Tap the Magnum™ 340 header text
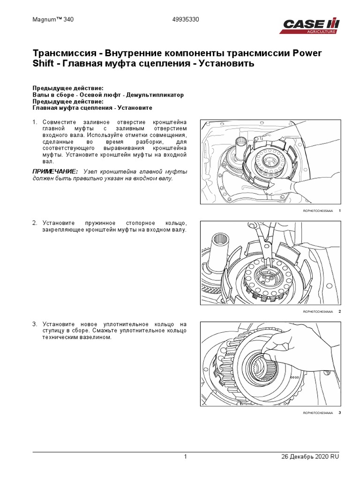click(x=53, y=21)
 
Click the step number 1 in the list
click(x=34, y=122)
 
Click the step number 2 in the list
click(x=34, y=223)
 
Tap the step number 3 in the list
click(x=34, y=324)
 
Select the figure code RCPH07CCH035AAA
click(x=318, y=211)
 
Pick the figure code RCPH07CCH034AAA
click(x=318, y=312)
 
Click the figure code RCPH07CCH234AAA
click(x=318, y=413)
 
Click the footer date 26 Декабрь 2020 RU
click(x=309, y=457)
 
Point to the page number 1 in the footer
click(x=186, y=457)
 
